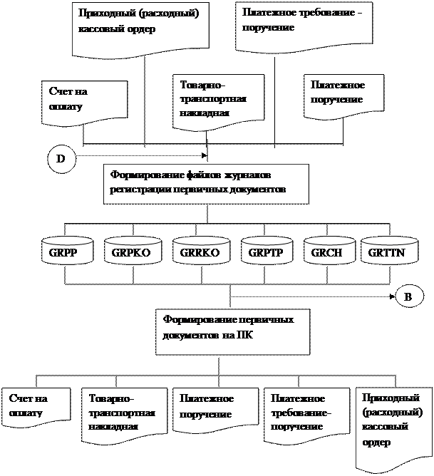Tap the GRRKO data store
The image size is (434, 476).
pos(201,253)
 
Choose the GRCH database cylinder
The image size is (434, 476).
pos(329,253)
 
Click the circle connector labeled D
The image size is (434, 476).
pos(61,159)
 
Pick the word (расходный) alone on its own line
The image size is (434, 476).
pos(393,412)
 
